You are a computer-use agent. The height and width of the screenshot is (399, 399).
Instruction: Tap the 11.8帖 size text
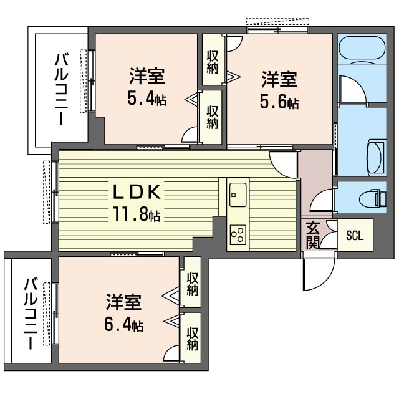point(137,216)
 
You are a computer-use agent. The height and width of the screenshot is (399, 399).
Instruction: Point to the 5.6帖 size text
point(279,102)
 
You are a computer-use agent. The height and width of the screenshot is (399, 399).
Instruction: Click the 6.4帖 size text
point(123,325)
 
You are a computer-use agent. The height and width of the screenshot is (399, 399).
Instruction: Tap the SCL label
point(355,236)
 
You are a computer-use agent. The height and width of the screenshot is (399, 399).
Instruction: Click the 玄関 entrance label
point(313,235)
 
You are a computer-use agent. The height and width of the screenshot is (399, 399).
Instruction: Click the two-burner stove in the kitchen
point(238,234)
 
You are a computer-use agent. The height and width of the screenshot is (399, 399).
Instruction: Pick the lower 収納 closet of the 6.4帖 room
point(192,337)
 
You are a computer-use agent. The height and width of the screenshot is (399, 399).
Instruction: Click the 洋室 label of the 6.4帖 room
point(123,304)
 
